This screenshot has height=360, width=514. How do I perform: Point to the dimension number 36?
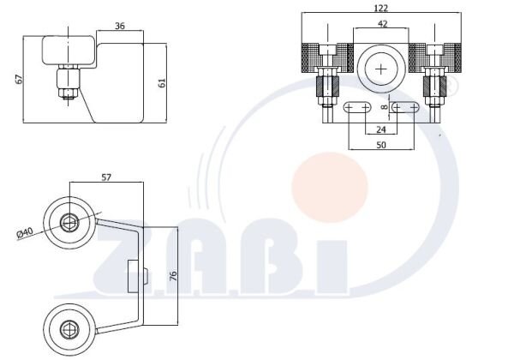click(x=121, y=27)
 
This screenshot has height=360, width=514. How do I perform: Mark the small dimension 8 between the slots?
click(x=383, y=109)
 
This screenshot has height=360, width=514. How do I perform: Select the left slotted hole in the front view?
click(x=357, y=109)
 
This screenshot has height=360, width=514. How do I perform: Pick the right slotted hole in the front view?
click(x=407, y=109)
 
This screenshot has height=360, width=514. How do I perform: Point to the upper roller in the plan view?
click(x=69, y=225)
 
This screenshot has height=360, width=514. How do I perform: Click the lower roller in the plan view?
click(x=69, y=326)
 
